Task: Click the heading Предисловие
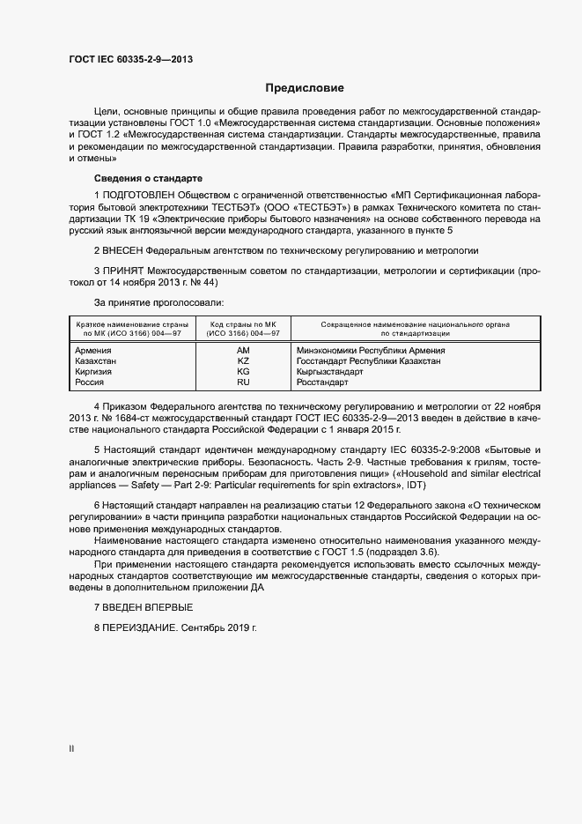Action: (x=305, y=88)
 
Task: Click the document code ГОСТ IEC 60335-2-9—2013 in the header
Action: (x=130, y=60)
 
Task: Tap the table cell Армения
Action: (x=93, y=350)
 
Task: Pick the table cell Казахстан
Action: (x=96, y=360)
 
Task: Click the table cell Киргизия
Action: (x=94, y=372)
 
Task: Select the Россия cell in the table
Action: (x=90, y=382)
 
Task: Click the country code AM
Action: (x=244, y=350)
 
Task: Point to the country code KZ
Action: (x=244, y=360)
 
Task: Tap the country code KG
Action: (x=244, y=372)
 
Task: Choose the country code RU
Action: (x=244, y=382)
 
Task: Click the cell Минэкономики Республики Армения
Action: (x=371, y=350)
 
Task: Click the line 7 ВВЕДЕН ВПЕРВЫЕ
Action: (x=143, y=608)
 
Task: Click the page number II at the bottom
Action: (x=72, y=749)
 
